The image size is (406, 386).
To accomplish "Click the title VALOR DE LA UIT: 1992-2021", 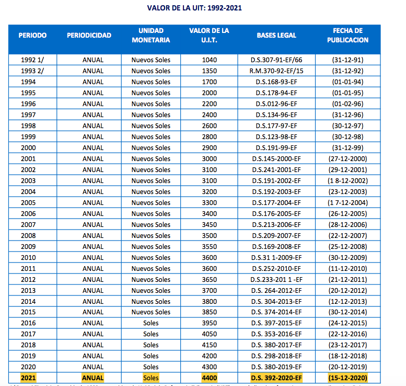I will click(x=202, y=8).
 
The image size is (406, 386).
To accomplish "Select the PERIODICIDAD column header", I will click(x=89, y=35).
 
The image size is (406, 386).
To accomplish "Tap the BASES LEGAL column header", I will click(x=276, y=35).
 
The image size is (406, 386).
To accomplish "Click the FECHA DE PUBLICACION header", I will click(x=347, y=35).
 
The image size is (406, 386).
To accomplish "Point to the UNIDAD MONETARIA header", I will click(x=151, y=35).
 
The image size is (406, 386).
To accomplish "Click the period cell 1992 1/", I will click(x=32, y=60).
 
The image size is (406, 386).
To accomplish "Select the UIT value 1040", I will click(x=209, y=60).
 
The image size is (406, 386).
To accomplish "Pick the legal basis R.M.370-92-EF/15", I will click(x=276, y=71).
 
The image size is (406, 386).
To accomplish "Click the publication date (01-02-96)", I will click(x=347, y=104).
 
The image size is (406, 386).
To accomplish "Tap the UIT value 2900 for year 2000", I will click(x=209, y=147).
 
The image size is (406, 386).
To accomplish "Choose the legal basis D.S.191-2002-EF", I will click(x=276, y=180).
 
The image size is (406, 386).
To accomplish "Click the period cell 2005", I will click(x=28, y=202).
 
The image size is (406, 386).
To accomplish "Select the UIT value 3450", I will click(x=209, y=224).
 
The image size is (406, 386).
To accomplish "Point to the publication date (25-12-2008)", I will click(x=347, y=246).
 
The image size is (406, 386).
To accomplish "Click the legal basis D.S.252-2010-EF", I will click(x=276, y=268).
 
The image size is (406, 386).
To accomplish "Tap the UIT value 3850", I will click(x=209, y=312).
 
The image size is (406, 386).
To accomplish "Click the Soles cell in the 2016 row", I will click(x=151, y=323).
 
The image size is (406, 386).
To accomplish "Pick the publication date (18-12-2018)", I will click(x=347, y=356).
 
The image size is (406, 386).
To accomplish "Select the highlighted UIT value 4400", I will click(x=209, y=378).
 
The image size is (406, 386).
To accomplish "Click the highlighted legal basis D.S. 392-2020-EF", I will click(x=276, y=378).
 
